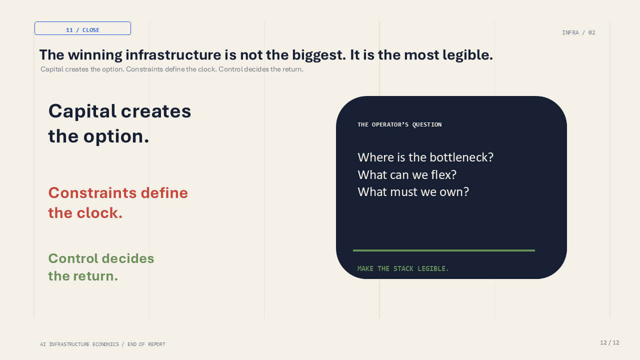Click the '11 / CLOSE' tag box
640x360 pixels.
tap(82, 28)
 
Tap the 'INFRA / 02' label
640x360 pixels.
tap(578, 32)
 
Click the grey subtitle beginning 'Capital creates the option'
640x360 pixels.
tap(172, 69)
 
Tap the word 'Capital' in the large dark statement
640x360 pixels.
tap(82, 111)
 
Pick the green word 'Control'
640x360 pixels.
tap(73, 258)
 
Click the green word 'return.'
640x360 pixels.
tap(95, 276)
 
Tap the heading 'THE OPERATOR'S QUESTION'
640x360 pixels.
tap(399, 124)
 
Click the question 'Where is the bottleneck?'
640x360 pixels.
tap(425, 157)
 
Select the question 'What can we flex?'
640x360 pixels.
tap(407, 175)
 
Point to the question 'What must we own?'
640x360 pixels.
tap(413, 191)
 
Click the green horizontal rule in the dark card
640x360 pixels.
tap(443, 250)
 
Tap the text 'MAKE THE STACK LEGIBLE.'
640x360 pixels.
tap(403, 269)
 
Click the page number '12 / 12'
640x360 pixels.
tap(609, 342)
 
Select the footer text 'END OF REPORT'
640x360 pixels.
tap(146, 344)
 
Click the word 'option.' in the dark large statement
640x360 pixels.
tap(116, 136)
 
